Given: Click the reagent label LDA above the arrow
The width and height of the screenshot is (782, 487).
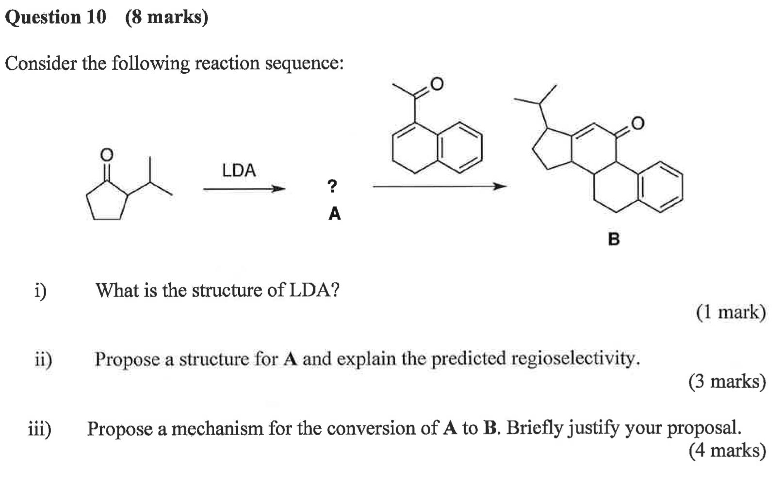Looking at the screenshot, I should tap(239, 170).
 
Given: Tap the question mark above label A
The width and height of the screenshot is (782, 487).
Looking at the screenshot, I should tap(332, 186).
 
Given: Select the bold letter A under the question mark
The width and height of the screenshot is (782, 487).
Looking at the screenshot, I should tap(335, 213).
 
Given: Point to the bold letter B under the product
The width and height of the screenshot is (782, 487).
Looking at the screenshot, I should tap(614, 239).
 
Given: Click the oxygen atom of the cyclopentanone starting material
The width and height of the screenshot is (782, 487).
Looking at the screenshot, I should tap(106, 155).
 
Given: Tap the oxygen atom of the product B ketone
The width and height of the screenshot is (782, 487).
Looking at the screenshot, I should tap(638, 123).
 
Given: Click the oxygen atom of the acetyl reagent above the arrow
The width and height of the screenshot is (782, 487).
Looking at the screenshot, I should tap(437, 84).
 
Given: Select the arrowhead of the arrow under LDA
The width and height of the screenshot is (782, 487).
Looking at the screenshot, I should tap(278, 189).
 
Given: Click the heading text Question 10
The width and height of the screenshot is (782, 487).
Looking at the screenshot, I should tap(55, 17).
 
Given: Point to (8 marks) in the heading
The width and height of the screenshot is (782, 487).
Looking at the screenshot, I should tap(166, 17).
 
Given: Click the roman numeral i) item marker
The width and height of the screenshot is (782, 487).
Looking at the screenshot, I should tap(41, 291).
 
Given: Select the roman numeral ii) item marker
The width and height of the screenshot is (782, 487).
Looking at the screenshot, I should tap(43, 359).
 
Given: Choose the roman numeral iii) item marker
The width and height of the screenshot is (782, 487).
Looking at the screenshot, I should tap(40, 429).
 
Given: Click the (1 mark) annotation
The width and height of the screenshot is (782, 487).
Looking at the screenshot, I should tap(731, 312).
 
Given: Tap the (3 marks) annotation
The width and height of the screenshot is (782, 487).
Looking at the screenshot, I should tap(727, 382).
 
